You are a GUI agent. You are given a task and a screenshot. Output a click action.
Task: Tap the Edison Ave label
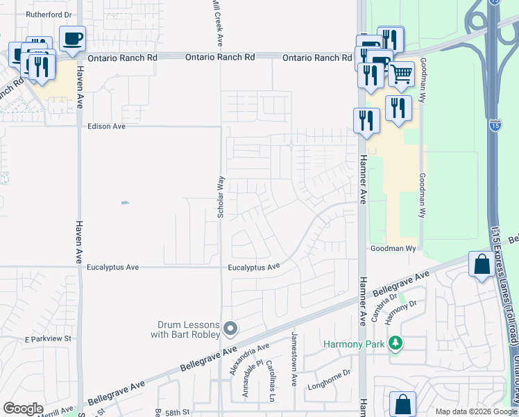tap(106, 126)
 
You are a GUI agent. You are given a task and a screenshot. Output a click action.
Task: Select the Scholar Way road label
tap(221, 197)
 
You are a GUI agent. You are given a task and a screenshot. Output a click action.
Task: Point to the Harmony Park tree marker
tap(395, 343)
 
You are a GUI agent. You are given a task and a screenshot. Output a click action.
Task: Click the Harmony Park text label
tap(355, 344)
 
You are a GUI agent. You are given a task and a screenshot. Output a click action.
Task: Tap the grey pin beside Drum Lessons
tap(231, 327)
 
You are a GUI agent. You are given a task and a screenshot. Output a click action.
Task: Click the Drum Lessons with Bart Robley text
tap(186, 329)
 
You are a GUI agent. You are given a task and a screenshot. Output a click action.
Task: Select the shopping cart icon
tap(401, 73)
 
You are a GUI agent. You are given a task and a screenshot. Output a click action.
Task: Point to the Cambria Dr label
tap(377, 303)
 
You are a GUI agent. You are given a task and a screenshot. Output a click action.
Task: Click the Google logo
tap(23, 409)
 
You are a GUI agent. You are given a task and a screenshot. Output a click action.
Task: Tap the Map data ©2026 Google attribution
tap(476, 411)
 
